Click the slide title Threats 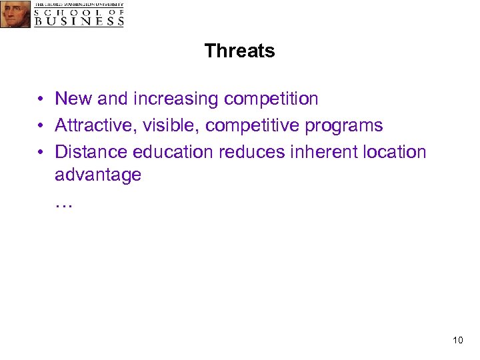click(x=239, y=51)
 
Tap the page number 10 click(x=457, y=341)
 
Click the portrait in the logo click(x=15, y=14)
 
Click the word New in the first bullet click(x=74, y=99)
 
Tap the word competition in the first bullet click(x=271, y=99)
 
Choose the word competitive click(x=255, y=126)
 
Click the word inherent click(x=325, y=152)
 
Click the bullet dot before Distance click(x=41, y=153)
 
